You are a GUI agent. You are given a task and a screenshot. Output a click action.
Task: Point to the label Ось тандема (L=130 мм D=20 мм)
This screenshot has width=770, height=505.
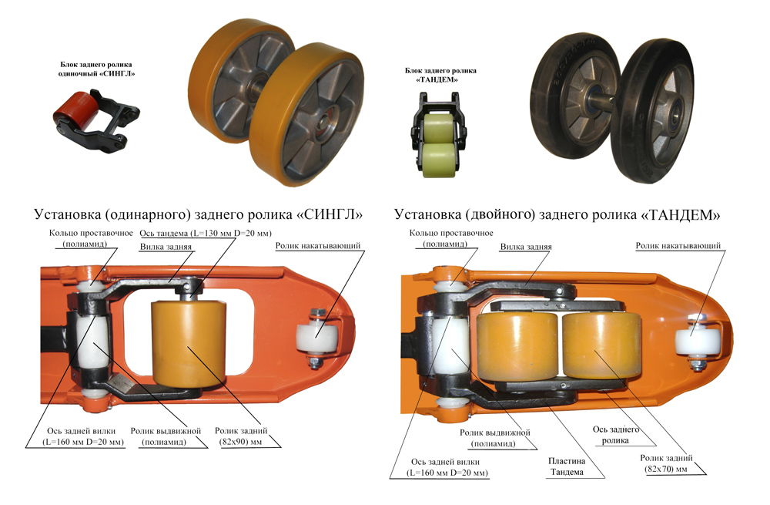coord(205,233)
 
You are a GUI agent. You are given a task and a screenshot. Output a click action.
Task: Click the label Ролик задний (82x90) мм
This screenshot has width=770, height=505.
coord(242,436)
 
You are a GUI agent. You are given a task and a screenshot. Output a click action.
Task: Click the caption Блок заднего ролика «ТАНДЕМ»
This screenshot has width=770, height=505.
coord(437,74)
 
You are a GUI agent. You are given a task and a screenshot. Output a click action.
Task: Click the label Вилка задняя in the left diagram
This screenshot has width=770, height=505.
coord(165,247)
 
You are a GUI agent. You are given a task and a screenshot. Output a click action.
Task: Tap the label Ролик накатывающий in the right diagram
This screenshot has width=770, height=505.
coord(678,246)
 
